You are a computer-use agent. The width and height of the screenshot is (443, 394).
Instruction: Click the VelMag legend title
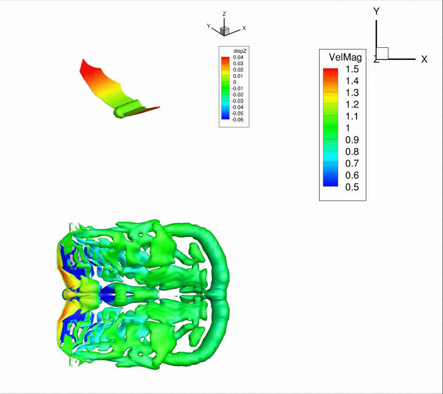[x=345, y=57]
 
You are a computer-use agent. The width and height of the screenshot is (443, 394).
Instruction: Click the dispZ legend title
[x=240, y=51]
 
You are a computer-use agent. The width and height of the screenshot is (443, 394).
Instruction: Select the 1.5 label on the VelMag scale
[x=352, y=69]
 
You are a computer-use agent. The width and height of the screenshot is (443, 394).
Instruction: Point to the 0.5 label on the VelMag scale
[x=352, y=187]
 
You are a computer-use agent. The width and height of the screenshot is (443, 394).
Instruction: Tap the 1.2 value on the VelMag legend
[x=352, y=105]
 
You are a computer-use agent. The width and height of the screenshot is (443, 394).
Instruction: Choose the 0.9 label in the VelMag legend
[x=352, y=140]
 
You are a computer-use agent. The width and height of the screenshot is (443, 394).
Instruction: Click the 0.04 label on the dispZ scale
[x=238, y=57]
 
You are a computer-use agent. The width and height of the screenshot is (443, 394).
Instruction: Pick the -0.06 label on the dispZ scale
[x=237, y=120]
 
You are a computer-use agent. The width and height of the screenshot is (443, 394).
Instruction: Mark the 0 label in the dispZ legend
[x=234, y=82]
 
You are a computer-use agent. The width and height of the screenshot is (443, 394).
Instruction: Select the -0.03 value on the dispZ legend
[x=237, y=101]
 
